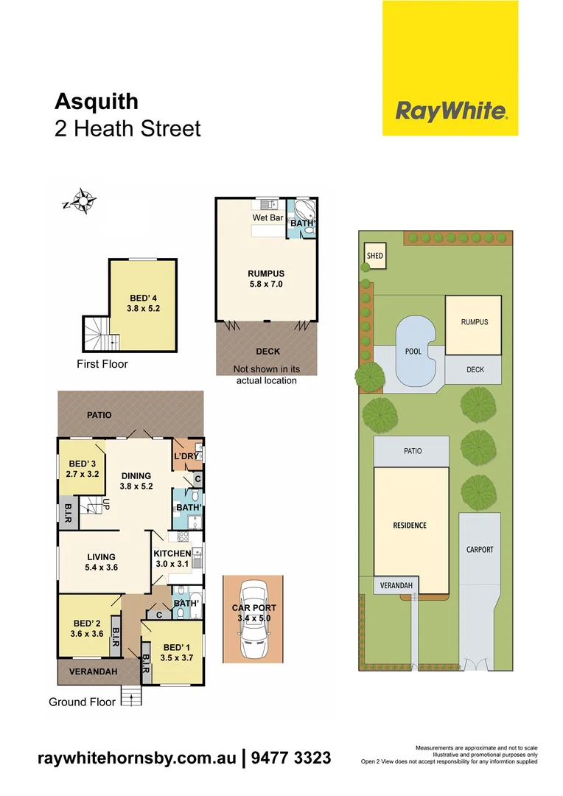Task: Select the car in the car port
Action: pos(252,621)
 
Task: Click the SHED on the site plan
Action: pos(374,256)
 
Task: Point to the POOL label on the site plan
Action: pos(413,352)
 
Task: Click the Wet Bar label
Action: pos(267,218)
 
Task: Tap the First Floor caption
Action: pos(102,364)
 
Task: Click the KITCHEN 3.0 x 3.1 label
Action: pos(172,559)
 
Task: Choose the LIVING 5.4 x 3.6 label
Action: pos(101,562)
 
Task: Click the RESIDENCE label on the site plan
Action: pos(409,526)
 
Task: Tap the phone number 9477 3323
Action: pos(291,758)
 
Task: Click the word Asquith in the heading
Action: pos(97,101)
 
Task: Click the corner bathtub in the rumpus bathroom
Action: pos(304,210)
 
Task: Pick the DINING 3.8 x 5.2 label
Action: pos(136,481)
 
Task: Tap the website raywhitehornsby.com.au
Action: pos(137,758)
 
